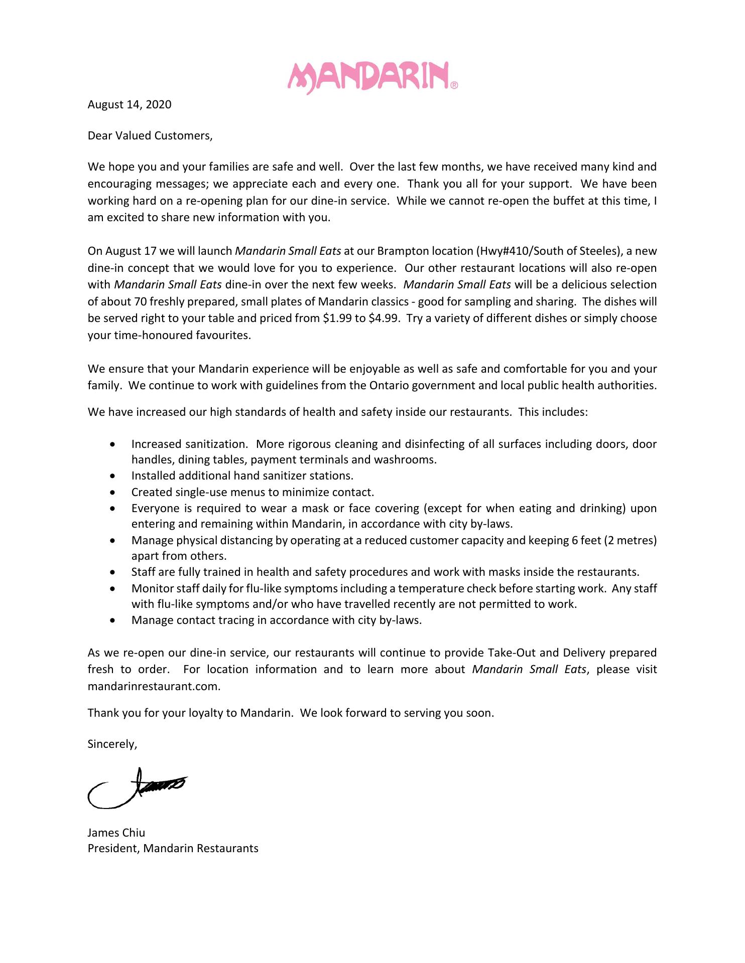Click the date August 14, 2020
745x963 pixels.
tap(130, 104)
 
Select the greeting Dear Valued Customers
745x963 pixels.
tap(150, 135)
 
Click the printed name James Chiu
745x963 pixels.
tap(116, 833)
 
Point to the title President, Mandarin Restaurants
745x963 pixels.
tap(173, 848)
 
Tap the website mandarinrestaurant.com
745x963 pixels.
tap(154, 686)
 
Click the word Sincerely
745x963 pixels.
tap(112, 744)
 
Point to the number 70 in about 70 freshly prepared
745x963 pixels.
tap(140, 302)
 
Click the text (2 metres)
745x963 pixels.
tap(631, 540)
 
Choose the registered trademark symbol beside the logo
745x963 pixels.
tap(454, 85)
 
